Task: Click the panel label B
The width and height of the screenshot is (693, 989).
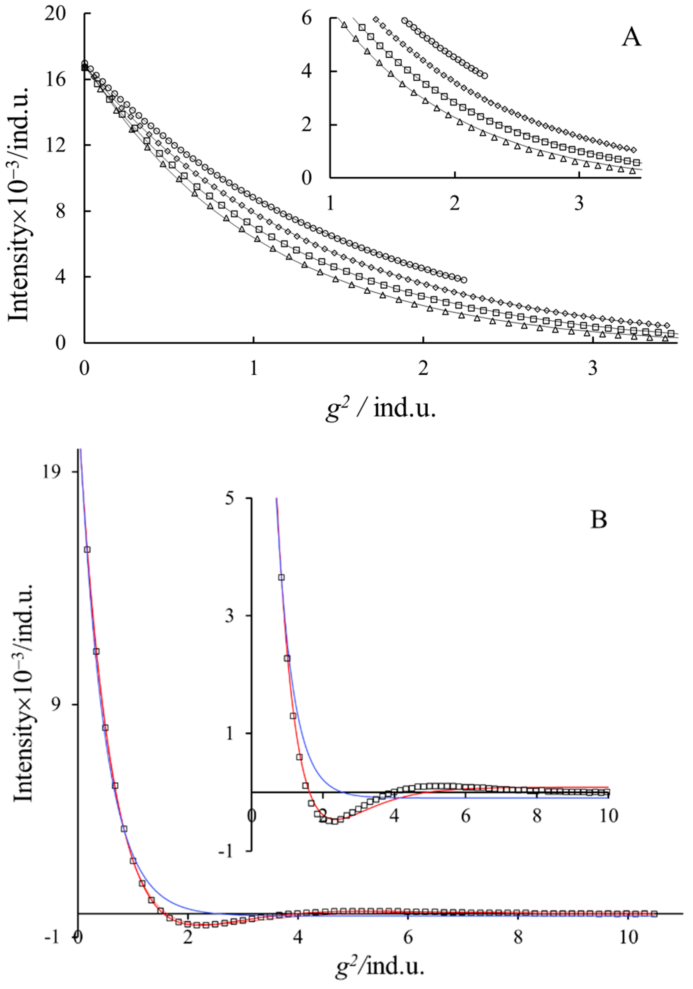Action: pyautogui.click(x=598, y=519)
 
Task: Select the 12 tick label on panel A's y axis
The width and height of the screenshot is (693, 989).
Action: pyautogui.click(x=54, y=145)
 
